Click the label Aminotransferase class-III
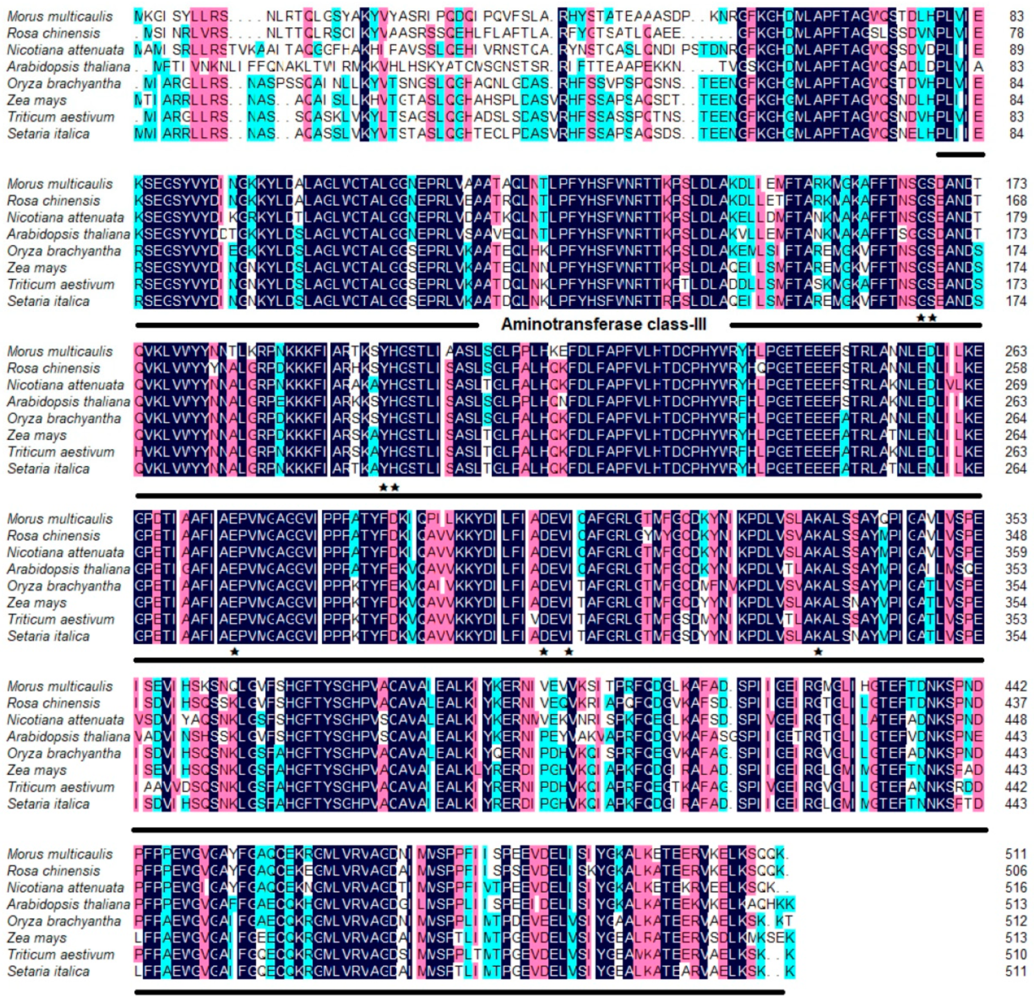point(604,324)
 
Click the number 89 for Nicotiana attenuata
point(1016,50)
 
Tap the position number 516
point(1016,887)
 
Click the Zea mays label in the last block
point(37,938)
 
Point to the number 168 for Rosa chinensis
point(1016,201)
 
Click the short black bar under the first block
point(960,155)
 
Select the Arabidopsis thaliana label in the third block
point(68,402)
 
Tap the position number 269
point(1016,385)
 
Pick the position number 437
point(1016,703)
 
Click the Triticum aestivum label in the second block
point(61,285)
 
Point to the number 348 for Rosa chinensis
point(1016,536)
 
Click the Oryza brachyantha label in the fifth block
point(64,753)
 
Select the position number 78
point(1016,33)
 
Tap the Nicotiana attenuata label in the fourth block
point(65,553)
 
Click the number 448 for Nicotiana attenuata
point(1016,720)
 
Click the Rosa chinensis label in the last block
point(53,871)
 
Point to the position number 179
point(1016,218)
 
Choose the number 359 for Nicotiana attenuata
point(1016,553)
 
